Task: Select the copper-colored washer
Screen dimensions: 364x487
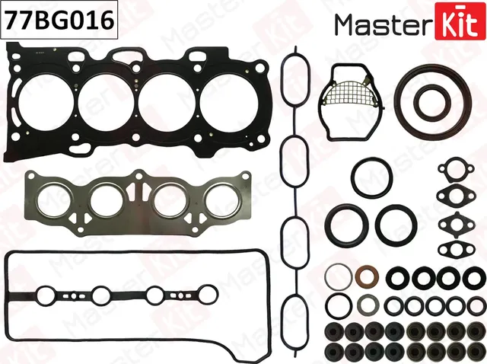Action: click(x=365, y=275)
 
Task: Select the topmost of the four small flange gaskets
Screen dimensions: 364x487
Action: click(x=452, y=172)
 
